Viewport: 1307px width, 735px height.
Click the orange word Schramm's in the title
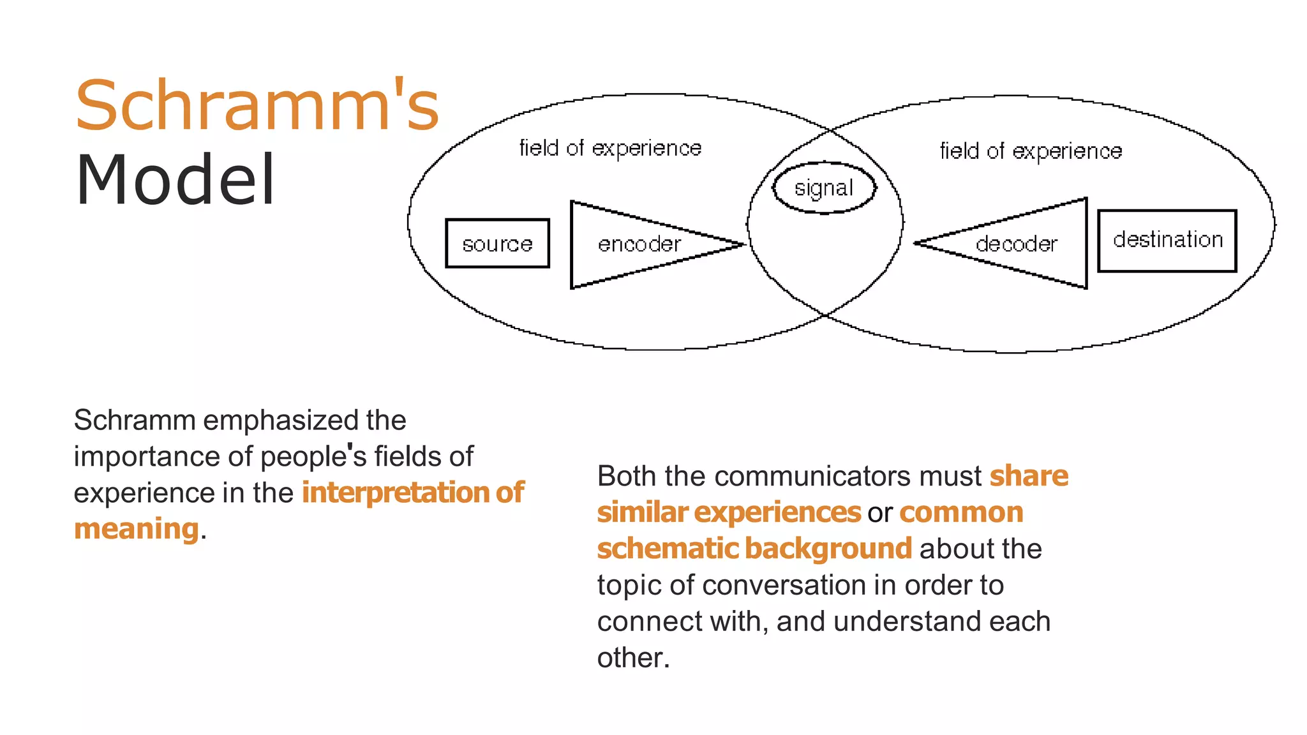[x=257, y=106]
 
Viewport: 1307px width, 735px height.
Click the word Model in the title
[x=176, y=181]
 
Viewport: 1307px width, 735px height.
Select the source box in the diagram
[x=497, y=244]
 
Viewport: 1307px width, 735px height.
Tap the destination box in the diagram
[x=1167, y=240]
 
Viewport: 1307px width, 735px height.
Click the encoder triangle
[x=638, y=244]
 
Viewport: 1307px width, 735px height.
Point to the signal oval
[x=823, y=188]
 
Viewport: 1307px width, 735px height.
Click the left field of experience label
[x=610, y=148]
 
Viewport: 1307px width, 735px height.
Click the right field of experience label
[x=1031, y=151]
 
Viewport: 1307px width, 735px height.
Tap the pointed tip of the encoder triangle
[x=742, y=244]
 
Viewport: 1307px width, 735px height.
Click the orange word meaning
[x=137, y=529]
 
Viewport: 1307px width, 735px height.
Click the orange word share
[x=1029, y=476]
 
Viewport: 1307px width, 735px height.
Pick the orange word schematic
[x=667, y=549]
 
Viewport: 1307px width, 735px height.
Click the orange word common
[x=961, y=512]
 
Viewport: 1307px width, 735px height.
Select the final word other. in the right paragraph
[x=633, y=658]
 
